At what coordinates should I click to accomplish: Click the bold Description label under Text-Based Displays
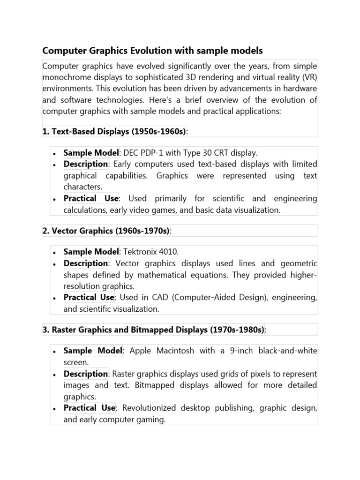86,164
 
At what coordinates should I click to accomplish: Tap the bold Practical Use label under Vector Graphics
89,297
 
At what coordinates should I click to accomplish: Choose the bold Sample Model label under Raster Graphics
92,351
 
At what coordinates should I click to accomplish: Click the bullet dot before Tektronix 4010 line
55,253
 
